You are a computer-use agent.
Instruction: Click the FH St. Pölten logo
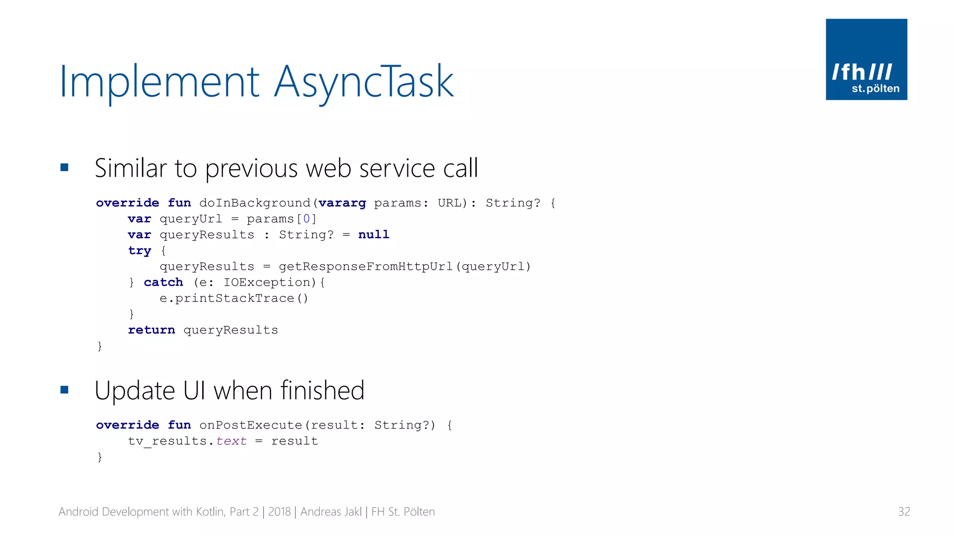pyautogui.click(x=866, y=59)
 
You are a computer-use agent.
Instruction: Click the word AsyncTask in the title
pyautogui.click(x=363, y=82)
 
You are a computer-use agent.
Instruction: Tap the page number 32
pyautogui.click(x=904, y=512)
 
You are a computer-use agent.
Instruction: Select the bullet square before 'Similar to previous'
pyautogui.click(x=64, y=167)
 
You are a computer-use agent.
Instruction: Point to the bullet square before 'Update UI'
pyautogui.click(x=64, y=390)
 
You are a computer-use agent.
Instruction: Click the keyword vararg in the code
pyautogui.click(x=342, y=203)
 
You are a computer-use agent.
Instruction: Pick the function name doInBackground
pyautogui.click(x=255, y=203)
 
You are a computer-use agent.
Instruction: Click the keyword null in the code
pyautogui.click(x=374, y=234)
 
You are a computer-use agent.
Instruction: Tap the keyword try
pyautogui.click(x=139, y=251)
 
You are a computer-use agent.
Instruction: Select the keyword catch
pyautogui.click(x=163, y=282)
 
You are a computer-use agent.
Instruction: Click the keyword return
pyautogui.click(x=151, y=330)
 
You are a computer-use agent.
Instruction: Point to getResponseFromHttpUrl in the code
pyautogui.click(x=366, y=267)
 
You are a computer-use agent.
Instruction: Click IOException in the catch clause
pyautogui.click(x=267, y=282)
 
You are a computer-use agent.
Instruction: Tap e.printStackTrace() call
pyautogui.click(x=234, y=298)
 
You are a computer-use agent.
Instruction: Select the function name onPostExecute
pyautogui.click(x=251, y=425)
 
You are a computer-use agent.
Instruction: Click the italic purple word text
pyautogui.click(x=231, y=441)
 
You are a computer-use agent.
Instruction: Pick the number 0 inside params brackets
pyautogui.click(x=306, y=219)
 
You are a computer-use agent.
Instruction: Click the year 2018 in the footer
pyautogui.click(x=279, y=512)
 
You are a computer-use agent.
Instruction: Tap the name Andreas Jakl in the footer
pyautogui.click(x=331, y=512)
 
